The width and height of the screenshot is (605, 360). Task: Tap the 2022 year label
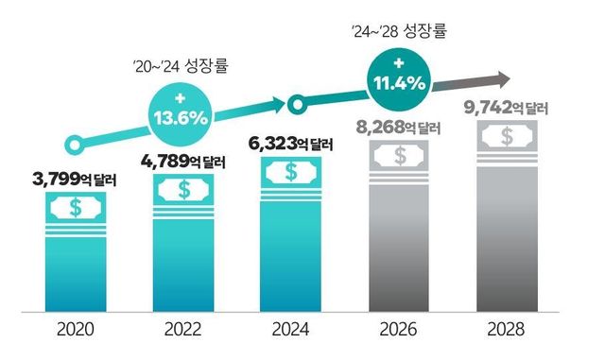(x=183, y=331)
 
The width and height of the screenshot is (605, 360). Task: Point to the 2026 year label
(x=401, y=331)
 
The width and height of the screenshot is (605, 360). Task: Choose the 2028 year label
(x=509, y=331)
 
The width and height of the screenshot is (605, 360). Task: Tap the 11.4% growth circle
(x=396, y=77)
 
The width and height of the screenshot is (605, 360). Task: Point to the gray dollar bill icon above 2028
(x=509, y=137)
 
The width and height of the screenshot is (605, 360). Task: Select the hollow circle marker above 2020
(x=70, y=146)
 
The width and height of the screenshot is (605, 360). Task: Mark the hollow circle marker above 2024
(x=296, y=103)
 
